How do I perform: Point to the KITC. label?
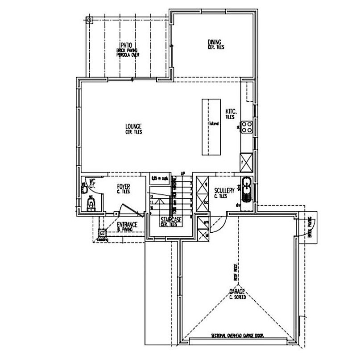[230, 111]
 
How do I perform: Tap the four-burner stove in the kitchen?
[248, 127]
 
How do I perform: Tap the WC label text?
[92, 181]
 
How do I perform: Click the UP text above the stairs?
[182, 173]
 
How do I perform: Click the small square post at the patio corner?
[89, 20]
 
